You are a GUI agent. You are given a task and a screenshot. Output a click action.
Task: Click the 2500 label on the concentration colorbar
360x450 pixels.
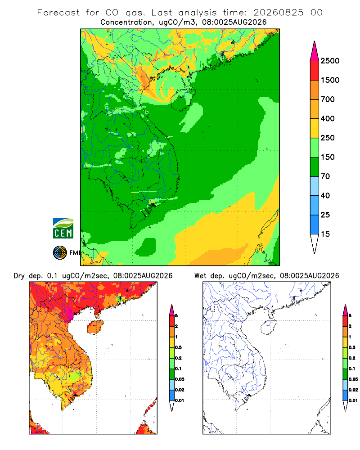point(330,61)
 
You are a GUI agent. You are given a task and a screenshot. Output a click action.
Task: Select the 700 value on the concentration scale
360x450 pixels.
point(328,99)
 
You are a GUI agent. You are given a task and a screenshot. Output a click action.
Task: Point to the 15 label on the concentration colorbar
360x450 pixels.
point(325,234)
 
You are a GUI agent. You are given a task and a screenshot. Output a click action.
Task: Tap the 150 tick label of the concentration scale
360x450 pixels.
point(328,157)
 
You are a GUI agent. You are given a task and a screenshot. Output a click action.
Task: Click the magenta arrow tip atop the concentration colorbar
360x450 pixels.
point(315,52)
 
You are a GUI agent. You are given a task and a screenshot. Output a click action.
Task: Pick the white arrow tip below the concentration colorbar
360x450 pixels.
point(315,243)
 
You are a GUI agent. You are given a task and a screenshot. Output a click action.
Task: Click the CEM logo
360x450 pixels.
point(63,229)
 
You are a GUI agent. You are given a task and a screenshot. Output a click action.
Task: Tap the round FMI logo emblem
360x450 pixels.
point(60,253)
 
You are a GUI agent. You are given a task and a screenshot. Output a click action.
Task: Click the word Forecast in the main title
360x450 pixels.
point(58,13)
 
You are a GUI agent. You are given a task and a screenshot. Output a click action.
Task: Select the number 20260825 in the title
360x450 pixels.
point(278,13)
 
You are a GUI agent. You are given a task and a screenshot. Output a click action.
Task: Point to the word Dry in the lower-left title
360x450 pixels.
point(19,276)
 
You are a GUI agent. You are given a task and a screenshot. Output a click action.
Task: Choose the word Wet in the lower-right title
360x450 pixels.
point(200,276)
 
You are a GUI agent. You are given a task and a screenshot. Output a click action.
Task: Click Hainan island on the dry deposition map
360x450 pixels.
point(95,327)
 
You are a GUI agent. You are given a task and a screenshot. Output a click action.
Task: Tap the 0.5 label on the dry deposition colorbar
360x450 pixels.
point(178,347)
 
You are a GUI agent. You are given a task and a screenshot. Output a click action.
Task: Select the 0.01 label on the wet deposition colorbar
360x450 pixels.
point(353,400)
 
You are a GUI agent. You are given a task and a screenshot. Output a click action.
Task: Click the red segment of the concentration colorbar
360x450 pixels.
point(315,71)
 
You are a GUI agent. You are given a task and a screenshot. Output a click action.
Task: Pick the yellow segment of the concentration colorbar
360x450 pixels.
point(315,128)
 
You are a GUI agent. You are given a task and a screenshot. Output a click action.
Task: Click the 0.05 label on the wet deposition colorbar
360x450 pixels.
point(353,379)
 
